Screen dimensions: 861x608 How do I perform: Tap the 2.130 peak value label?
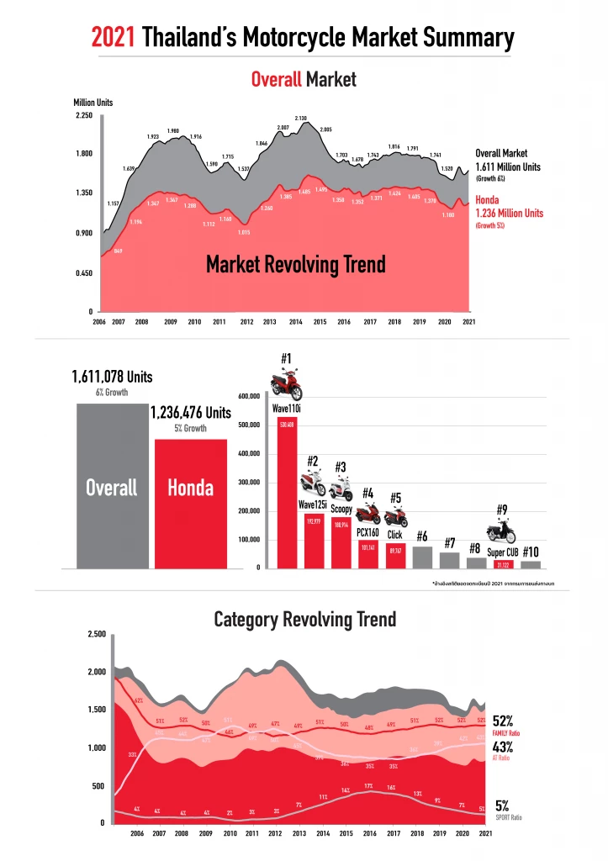click(300, 118)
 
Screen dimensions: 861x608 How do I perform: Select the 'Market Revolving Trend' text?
click(296, 265)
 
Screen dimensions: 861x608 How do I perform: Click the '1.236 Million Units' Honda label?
click(510, 214)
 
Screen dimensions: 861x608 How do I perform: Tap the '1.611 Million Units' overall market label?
click(508, 166)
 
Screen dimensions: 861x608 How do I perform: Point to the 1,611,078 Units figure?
click(113, 378)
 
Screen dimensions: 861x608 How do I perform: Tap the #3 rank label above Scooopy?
click(341, 467)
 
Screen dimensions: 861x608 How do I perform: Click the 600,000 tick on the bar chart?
click(249, 396)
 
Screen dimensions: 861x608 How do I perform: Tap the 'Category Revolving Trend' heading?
click(304, 620)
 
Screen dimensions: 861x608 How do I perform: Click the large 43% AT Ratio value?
click(502, 745)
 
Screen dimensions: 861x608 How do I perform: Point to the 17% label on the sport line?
click(368, 786)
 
